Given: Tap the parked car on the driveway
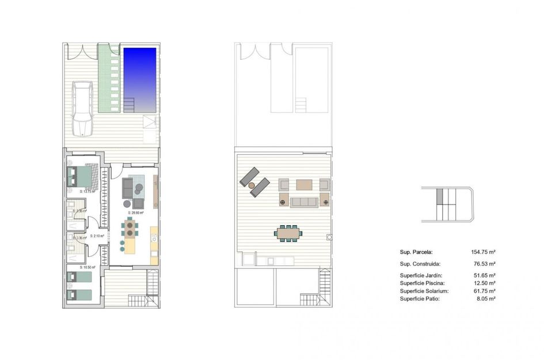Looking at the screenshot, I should [x=83, y=108].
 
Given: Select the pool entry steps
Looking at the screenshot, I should [x=128, y=105].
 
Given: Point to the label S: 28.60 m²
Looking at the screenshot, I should [x=137, y=213].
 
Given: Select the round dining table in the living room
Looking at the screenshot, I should [x=131, y=229].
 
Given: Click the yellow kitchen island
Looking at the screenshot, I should [x=130, y=246].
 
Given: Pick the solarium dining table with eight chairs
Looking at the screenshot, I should [x=288, y=233].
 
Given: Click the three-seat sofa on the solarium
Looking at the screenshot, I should [x=304, y=202].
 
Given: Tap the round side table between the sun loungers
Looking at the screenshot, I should [x=252, y=184].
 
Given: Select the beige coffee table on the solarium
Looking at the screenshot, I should [x=304, y=184].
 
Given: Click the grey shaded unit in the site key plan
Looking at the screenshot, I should [x=440, y=196].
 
